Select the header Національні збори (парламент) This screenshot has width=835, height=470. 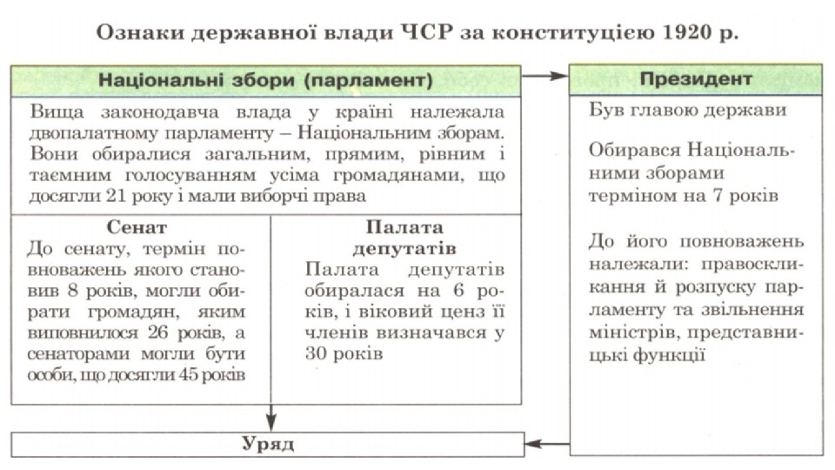[265, 80]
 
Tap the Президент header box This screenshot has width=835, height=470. [696, 78]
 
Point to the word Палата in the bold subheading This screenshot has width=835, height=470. [397, 227]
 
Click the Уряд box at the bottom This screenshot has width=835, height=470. [268, 444]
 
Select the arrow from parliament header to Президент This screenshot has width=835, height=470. [544, 77]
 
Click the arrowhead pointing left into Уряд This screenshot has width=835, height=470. [533, 445]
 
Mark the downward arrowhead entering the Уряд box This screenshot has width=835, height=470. [271, 424]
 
